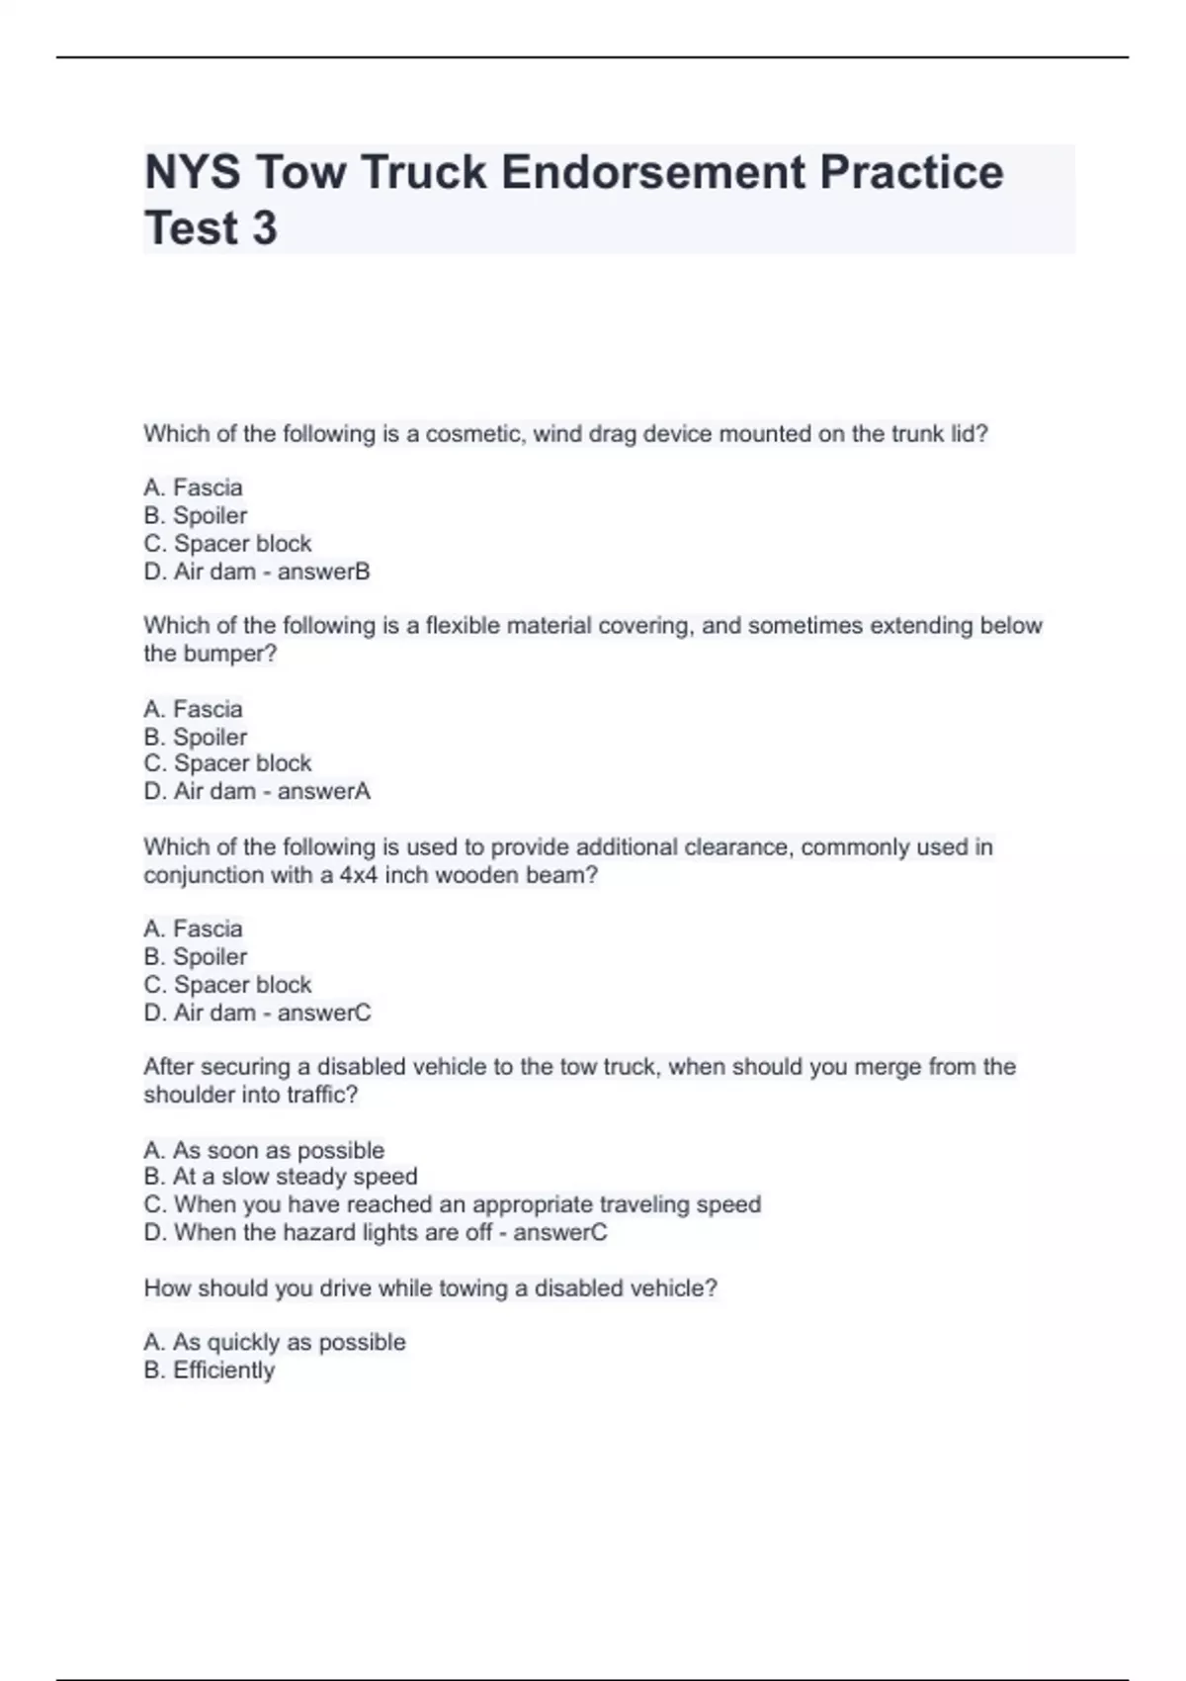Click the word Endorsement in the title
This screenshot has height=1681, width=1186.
[x=652, y=172]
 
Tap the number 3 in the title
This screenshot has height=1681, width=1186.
[x=264, y=228]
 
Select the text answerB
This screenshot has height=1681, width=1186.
[x=323, y=572]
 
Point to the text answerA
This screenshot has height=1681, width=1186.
[x=323, y=791]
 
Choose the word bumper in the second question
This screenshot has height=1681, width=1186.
[x=226, y=654]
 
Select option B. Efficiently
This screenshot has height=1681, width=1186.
[x=210, y=1371]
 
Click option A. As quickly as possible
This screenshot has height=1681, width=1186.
[x=275, y=1342]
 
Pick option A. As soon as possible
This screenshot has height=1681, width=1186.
[x=264, y=1150]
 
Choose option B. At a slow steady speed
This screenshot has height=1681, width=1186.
[x=281, y=1177]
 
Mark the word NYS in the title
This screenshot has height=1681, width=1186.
[x=192, y=172]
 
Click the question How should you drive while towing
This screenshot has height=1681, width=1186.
[x=430, y=1288]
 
